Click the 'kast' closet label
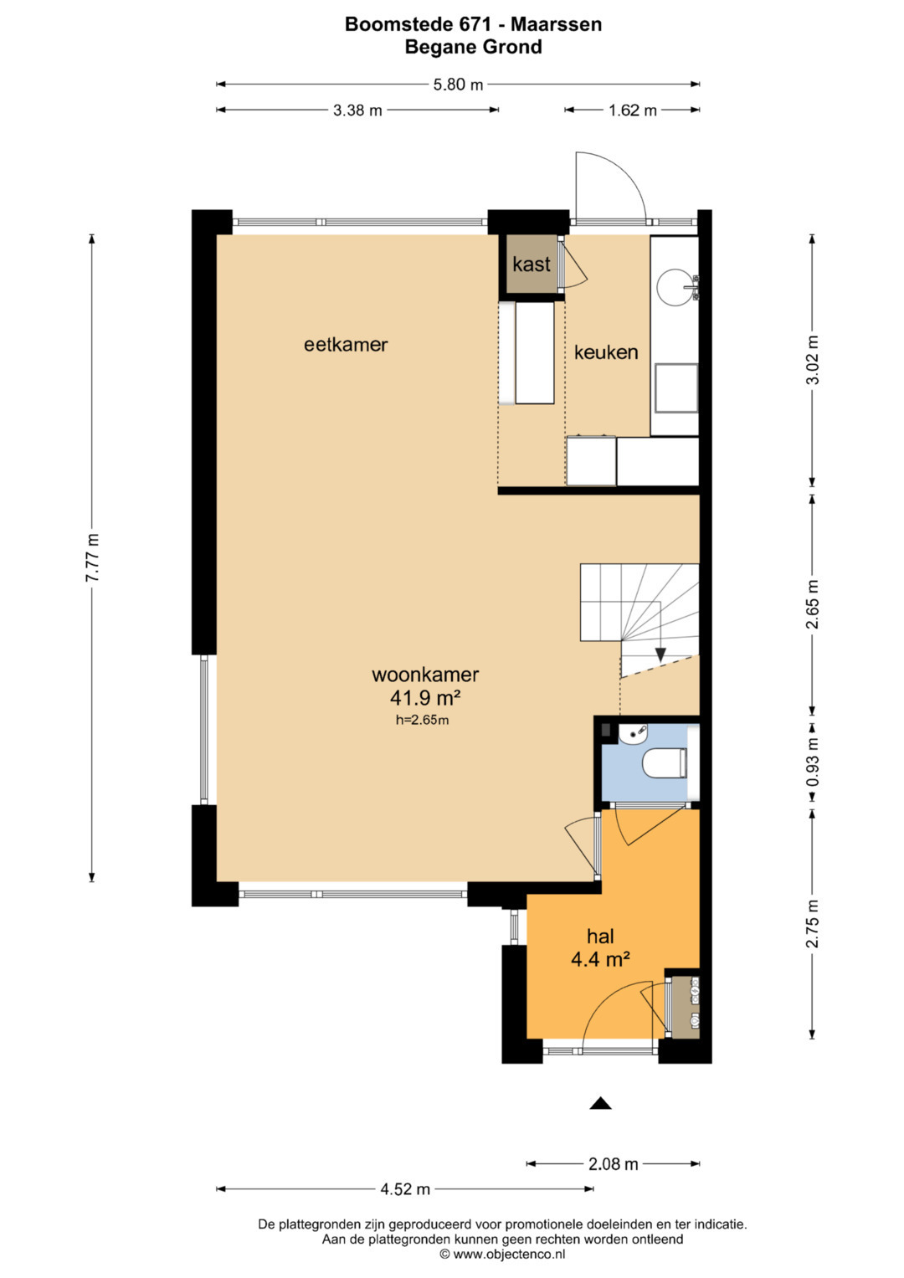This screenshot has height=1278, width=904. (532, 264)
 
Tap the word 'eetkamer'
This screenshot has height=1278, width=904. (346, 345)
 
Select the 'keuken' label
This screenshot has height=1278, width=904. (606, 352)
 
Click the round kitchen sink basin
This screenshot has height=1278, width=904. (675, 288)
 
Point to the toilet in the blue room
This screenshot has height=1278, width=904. (665, 763)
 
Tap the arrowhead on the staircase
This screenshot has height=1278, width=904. (660, 654)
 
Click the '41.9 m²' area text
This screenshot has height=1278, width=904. (425, 697)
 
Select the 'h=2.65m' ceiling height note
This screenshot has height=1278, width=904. (423, 720)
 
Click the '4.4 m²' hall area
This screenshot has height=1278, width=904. (600, 960)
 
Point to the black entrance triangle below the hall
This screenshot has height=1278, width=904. (600, 1103)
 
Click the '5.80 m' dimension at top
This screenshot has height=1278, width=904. (458, 85)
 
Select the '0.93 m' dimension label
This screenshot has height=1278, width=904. (813, 762)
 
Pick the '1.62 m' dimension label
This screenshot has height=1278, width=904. (632, 110)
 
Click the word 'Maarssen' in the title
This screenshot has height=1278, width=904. (556, 24)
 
